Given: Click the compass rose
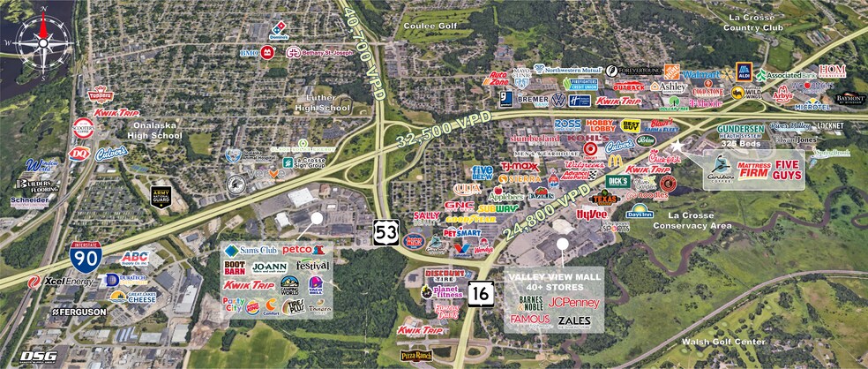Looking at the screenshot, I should [36, 36].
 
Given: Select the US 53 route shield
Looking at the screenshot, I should [385, 232].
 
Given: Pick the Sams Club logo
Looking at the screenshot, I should [251, 250].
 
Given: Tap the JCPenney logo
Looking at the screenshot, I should [573, 302].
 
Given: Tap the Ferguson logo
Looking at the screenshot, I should [80, 312].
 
